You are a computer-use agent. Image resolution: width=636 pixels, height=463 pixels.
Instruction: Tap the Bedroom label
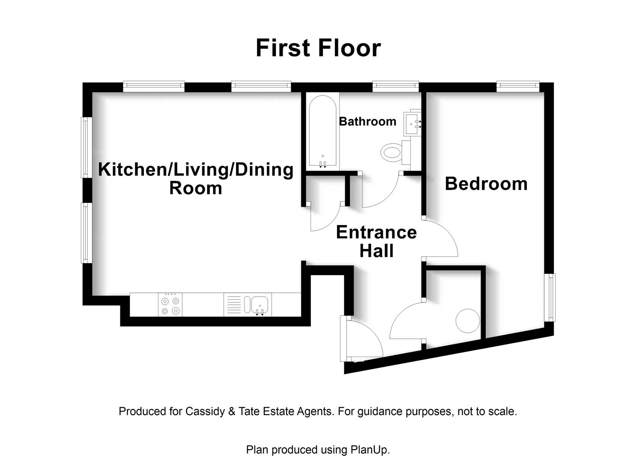click(x=486, y=183)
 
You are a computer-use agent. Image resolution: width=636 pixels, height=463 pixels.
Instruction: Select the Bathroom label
click(x=367, y=121)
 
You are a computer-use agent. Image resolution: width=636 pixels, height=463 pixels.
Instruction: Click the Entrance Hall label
click(x=376, y=241)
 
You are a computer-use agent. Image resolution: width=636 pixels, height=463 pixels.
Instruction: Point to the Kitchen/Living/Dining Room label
click(x=196, y=178)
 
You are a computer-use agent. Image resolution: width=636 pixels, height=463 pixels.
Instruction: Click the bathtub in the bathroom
click(x=322, y=131)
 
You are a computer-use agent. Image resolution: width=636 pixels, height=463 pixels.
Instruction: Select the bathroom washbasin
click(x=412, y=124)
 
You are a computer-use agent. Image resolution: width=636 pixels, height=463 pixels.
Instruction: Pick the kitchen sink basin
click(x=260, y=305)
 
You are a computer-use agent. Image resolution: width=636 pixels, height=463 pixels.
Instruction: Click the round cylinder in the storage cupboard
click(x=468, y=321)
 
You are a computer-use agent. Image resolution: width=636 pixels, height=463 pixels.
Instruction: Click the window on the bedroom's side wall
click(x=551, y=298)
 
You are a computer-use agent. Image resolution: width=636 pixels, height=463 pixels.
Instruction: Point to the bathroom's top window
click(x=395, y=86)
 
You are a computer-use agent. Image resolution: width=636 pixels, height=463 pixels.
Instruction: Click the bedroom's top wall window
click(x=518, y=86)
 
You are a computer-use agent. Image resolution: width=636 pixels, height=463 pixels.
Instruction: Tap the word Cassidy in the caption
click(x=205, y=412)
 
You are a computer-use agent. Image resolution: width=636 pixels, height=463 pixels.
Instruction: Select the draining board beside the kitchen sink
click(x=234, y=305)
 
